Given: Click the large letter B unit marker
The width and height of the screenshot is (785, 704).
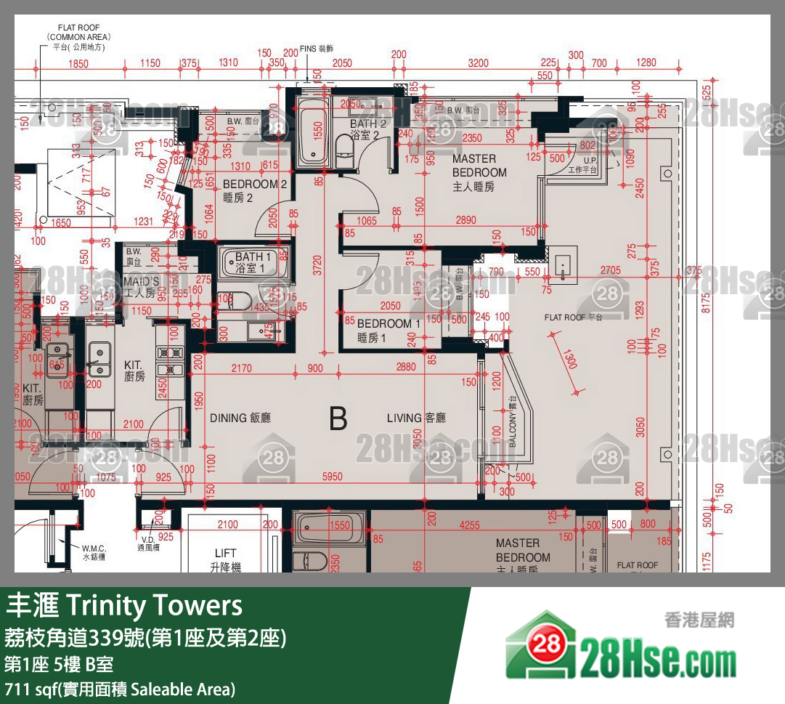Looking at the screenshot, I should coord(338,419).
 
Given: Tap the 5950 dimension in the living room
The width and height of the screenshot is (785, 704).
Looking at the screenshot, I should coord(333,477).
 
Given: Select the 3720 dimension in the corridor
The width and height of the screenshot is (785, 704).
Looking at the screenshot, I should coord(313,272).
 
